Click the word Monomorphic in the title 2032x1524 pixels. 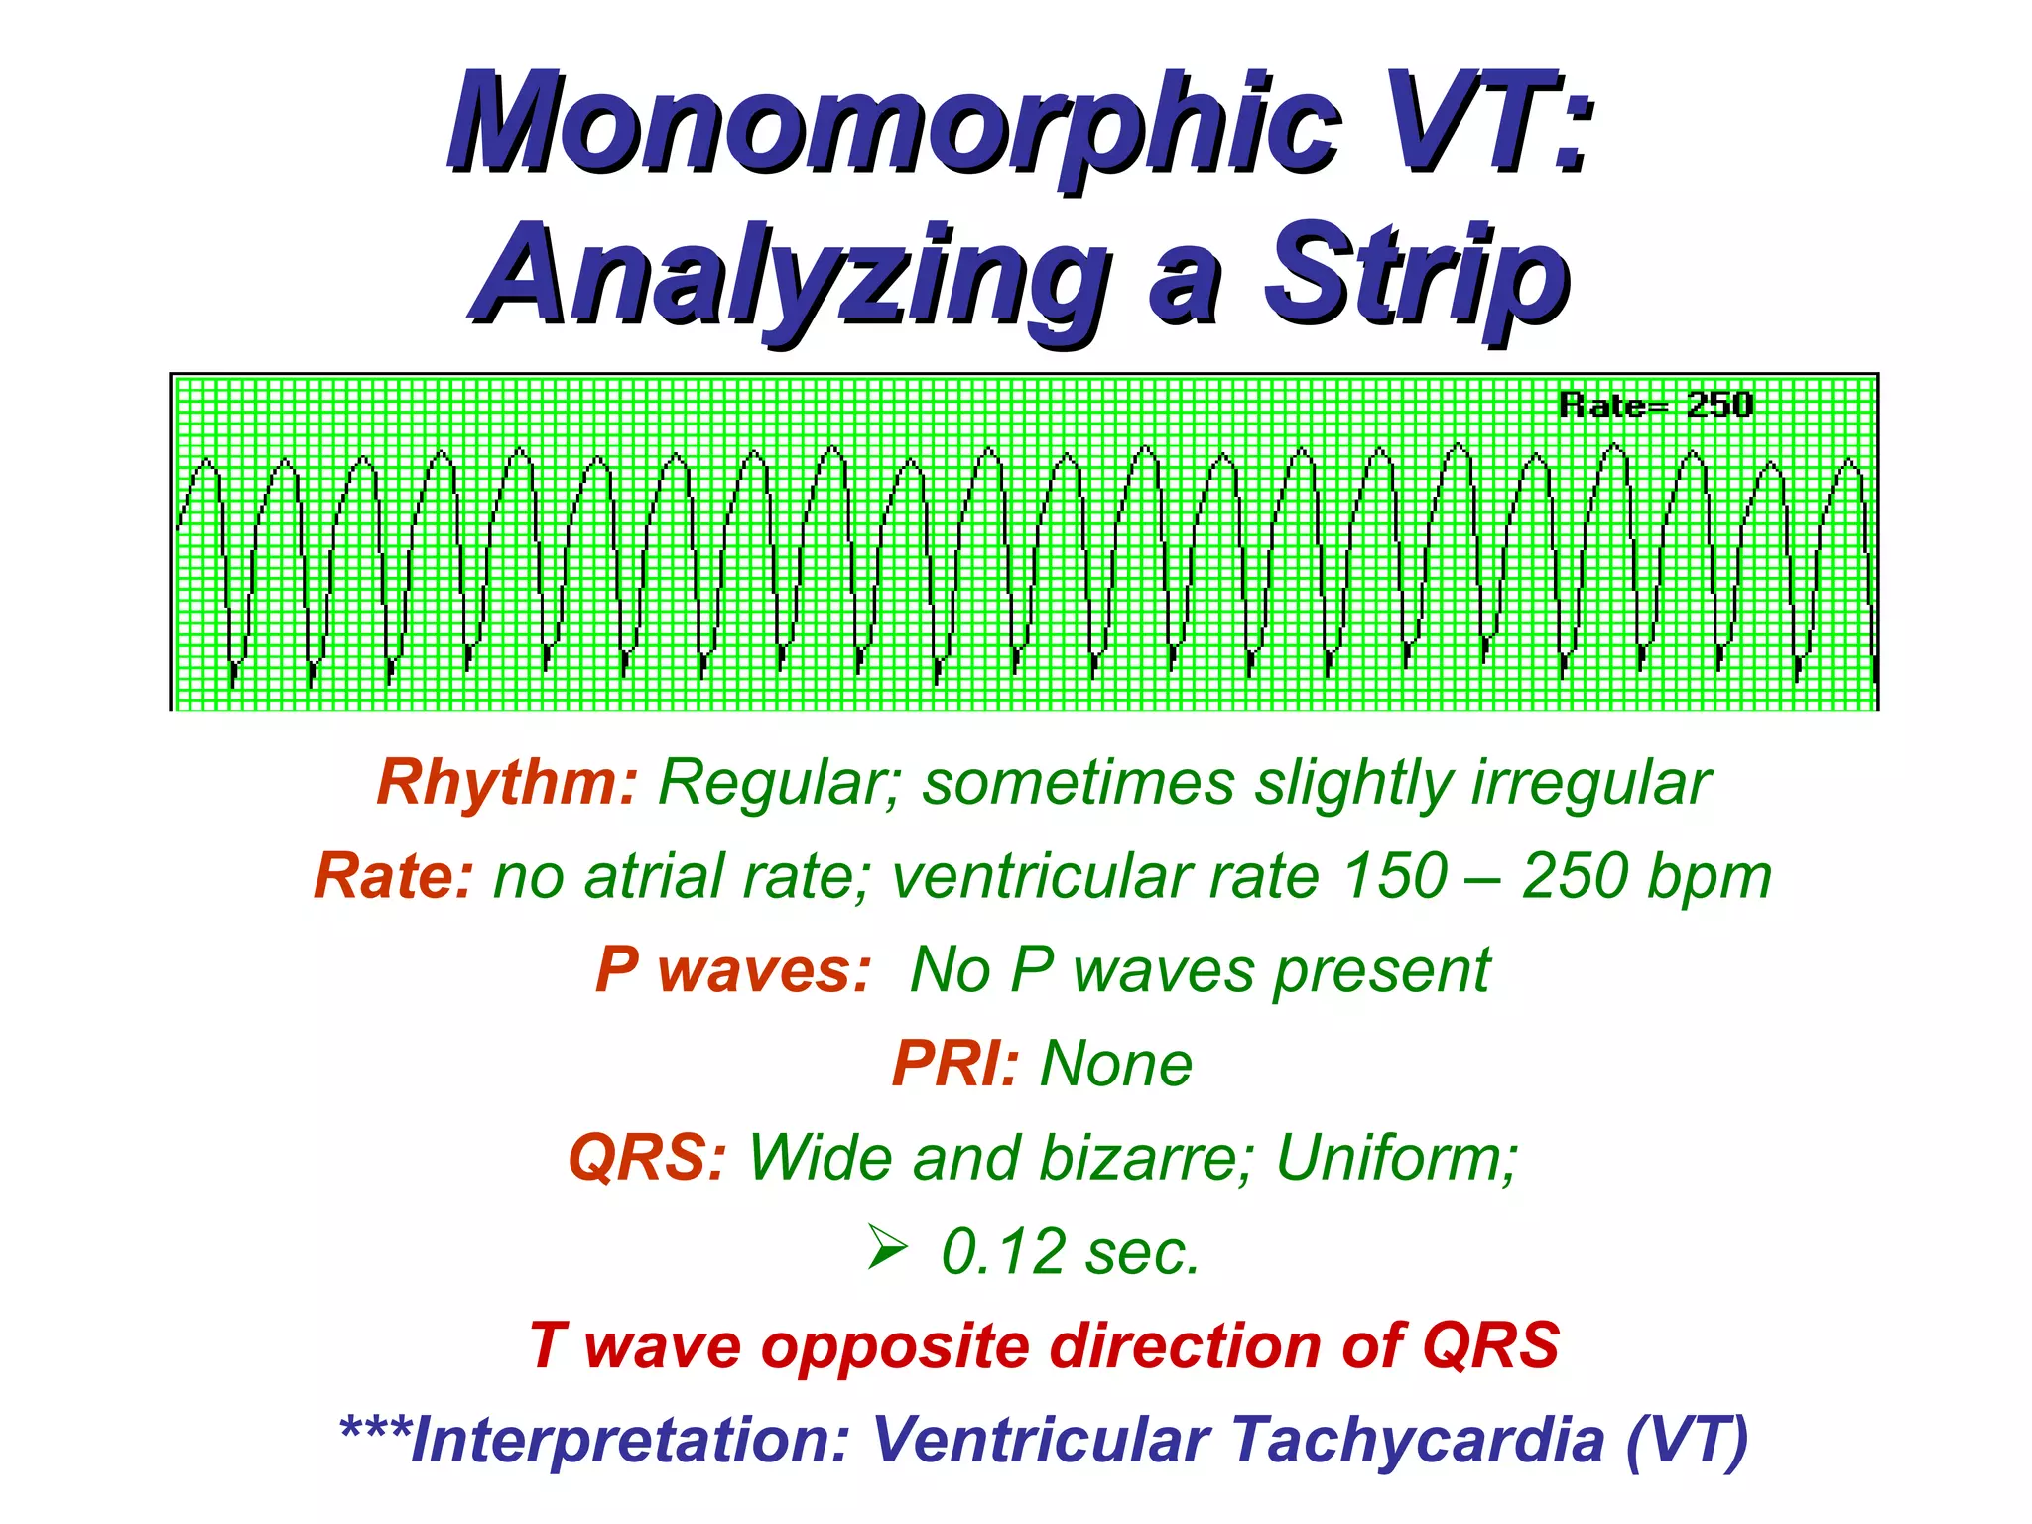[x=893, y=124]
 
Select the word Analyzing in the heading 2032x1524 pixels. [x=794, y=276]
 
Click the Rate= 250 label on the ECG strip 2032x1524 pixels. [x=1655, y=405]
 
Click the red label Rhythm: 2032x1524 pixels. [x=507, y=783]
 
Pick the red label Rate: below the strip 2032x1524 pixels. [x=393, y=877]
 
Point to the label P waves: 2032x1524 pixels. [x=732, y=969]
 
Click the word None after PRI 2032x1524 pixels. [x=1115, y=1064]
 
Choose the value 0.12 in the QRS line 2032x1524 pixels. [x=1002, y=1251]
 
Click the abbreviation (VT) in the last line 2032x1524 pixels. [x=1687, y=1440]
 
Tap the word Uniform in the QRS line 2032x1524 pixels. [x=1394, y=1158]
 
